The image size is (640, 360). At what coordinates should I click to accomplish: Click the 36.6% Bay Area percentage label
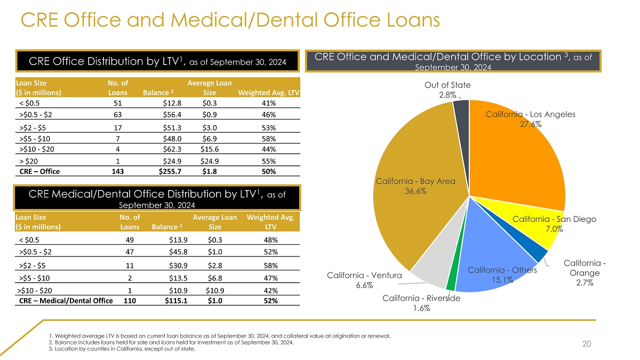(415, 192)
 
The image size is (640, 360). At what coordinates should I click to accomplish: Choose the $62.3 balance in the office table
(173, 149)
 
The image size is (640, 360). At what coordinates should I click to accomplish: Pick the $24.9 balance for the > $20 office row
(173, 161)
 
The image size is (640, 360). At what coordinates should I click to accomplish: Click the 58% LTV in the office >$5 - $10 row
(268, 138)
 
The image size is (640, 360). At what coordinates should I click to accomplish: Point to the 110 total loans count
(129, 301)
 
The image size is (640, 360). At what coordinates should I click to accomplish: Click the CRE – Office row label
(39, 172)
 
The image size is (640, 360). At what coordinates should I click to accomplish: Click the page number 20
(587, 345)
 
